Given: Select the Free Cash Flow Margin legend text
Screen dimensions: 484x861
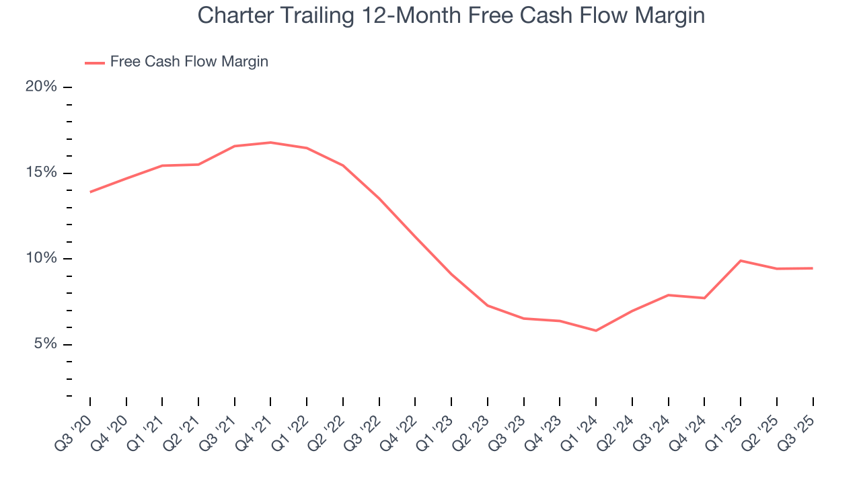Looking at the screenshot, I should pos(189,62).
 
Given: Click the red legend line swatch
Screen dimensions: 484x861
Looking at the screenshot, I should pos(94,63).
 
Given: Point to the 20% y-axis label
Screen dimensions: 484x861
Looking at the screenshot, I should pos(40,87).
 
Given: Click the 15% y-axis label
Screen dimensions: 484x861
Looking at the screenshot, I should pos(40,173).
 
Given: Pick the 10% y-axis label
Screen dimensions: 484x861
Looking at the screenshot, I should pos(40,259).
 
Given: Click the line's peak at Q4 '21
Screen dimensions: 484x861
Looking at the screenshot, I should pos(270,143).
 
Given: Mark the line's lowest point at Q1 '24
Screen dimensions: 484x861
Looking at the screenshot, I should pos(596,331).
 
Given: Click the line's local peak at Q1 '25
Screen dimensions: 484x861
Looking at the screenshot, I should pos(741,261).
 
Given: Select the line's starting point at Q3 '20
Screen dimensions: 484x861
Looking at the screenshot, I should pos(90,192).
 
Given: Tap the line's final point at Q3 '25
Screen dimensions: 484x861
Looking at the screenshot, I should pos(813,268).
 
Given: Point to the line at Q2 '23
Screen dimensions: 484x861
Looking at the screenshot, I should pos(487,306).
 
